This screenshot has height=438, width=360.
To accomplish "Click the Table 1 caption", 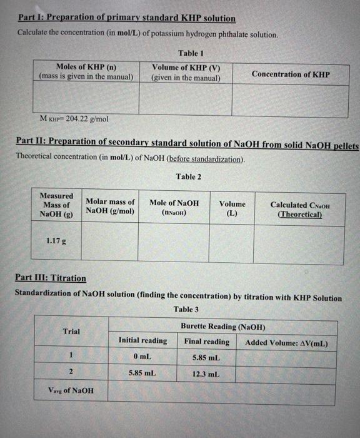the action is [191, 53].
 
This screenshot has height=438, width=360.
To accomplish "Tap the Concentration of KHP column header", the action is [291, 74].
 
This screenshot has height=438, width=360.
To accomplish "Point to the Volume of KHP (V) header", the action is [186, 72].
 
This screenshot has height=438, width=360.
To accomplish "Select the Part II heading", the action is [187, 145].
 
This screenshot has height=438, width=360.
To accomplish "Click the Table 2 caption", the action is [189, 176].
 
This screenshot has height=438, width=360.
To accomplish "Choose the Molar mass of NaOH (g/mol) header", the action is [110, 206].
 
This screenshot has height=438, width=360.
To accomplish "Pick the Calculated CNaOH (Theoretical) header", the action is [300, 209].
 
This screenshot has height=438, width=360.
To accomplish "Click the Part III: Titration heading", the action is [51, 278].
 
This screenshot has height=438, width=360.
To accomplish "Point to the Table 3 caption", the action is [186, 309].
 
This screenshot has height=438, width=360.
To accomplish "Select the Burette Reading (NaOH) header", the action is [222, 327].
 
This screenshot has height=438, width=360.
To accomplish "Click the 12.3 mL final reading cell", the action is [206, 373].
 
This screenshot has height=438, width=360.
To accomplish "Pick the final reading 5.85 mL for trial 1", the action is [206, 357].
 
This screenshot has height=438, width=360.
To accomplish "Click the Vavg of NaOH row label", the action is [71, 390].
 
